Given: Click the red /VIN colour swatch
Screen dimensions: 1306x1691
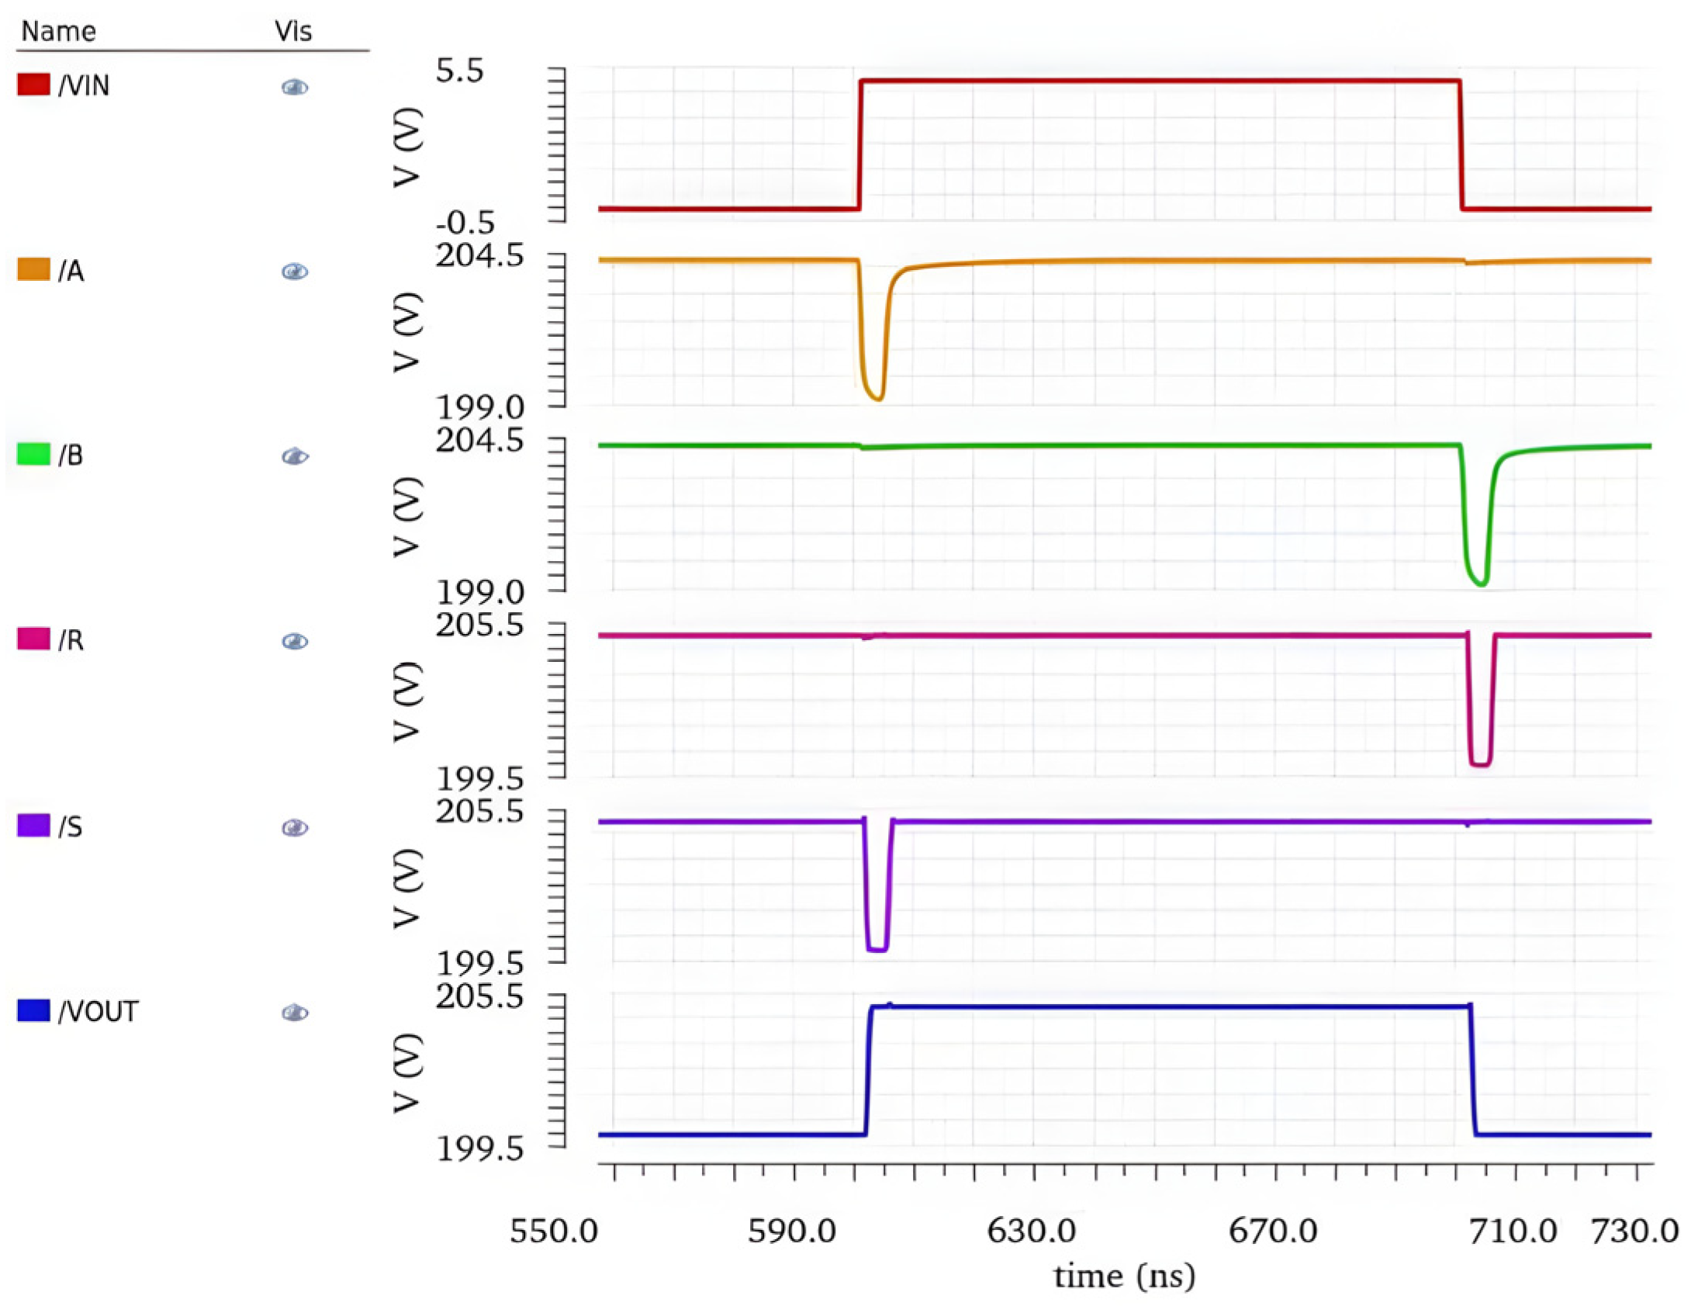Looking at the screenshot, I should pos(33,84).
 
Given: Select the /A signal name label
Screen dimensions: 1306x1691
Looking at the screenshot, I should pos(71,271).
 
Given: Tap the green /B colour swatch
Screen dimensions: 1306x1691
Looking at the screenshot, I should pos(33,454).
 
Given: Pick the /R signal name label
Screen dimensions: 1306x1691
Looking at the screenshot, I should pos(71,640).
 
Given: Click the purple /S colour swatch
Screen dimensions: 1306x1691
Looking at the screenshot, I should pos(33,825).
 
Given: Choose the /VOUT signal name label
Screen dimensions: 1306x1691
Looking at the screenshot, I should pos(99,1011).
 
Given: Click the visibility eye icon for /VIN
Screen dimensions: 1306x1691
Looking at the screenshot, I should pos(295,87).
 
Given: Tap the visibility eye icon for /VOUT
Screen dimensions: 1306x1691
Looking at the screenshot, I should pos(295,1013).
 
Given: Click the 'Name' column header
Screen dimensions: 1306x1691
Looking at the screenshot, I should pos(58,31).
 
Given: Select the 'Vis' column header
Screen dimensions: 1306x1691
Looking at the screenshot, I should pos(293,31).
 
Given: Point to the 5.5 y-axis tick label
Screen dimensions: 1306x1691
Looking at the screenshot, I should pos(459,71).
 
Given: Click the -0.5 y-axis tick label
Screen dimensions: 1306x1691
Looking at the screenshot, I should pos(465,223).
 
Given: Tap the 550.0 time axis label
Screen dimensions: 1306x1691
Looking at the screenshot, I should pos(553,1232).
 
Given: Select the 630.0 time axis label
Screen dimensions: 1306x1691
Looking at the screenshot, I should pos(1031,1232).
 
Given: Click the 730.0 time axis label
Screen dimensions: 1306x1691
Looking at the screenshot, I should pos(1634,1232).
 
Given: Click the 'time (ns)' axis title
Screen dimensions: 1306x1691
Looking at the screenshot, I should pos(1124,1277).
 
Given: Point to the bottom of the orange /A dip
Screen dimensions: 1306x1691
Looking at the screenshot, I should pos(877,398).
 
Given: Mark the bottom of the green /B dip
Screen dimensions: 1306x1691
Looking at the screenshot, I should pos(1482,583).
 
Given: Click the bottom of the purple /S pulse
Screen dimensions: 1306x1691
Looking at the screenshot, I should pos(877,949).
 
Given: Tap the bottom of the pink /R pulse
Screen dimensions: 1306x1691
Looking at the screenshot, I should pos(1480,765).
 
